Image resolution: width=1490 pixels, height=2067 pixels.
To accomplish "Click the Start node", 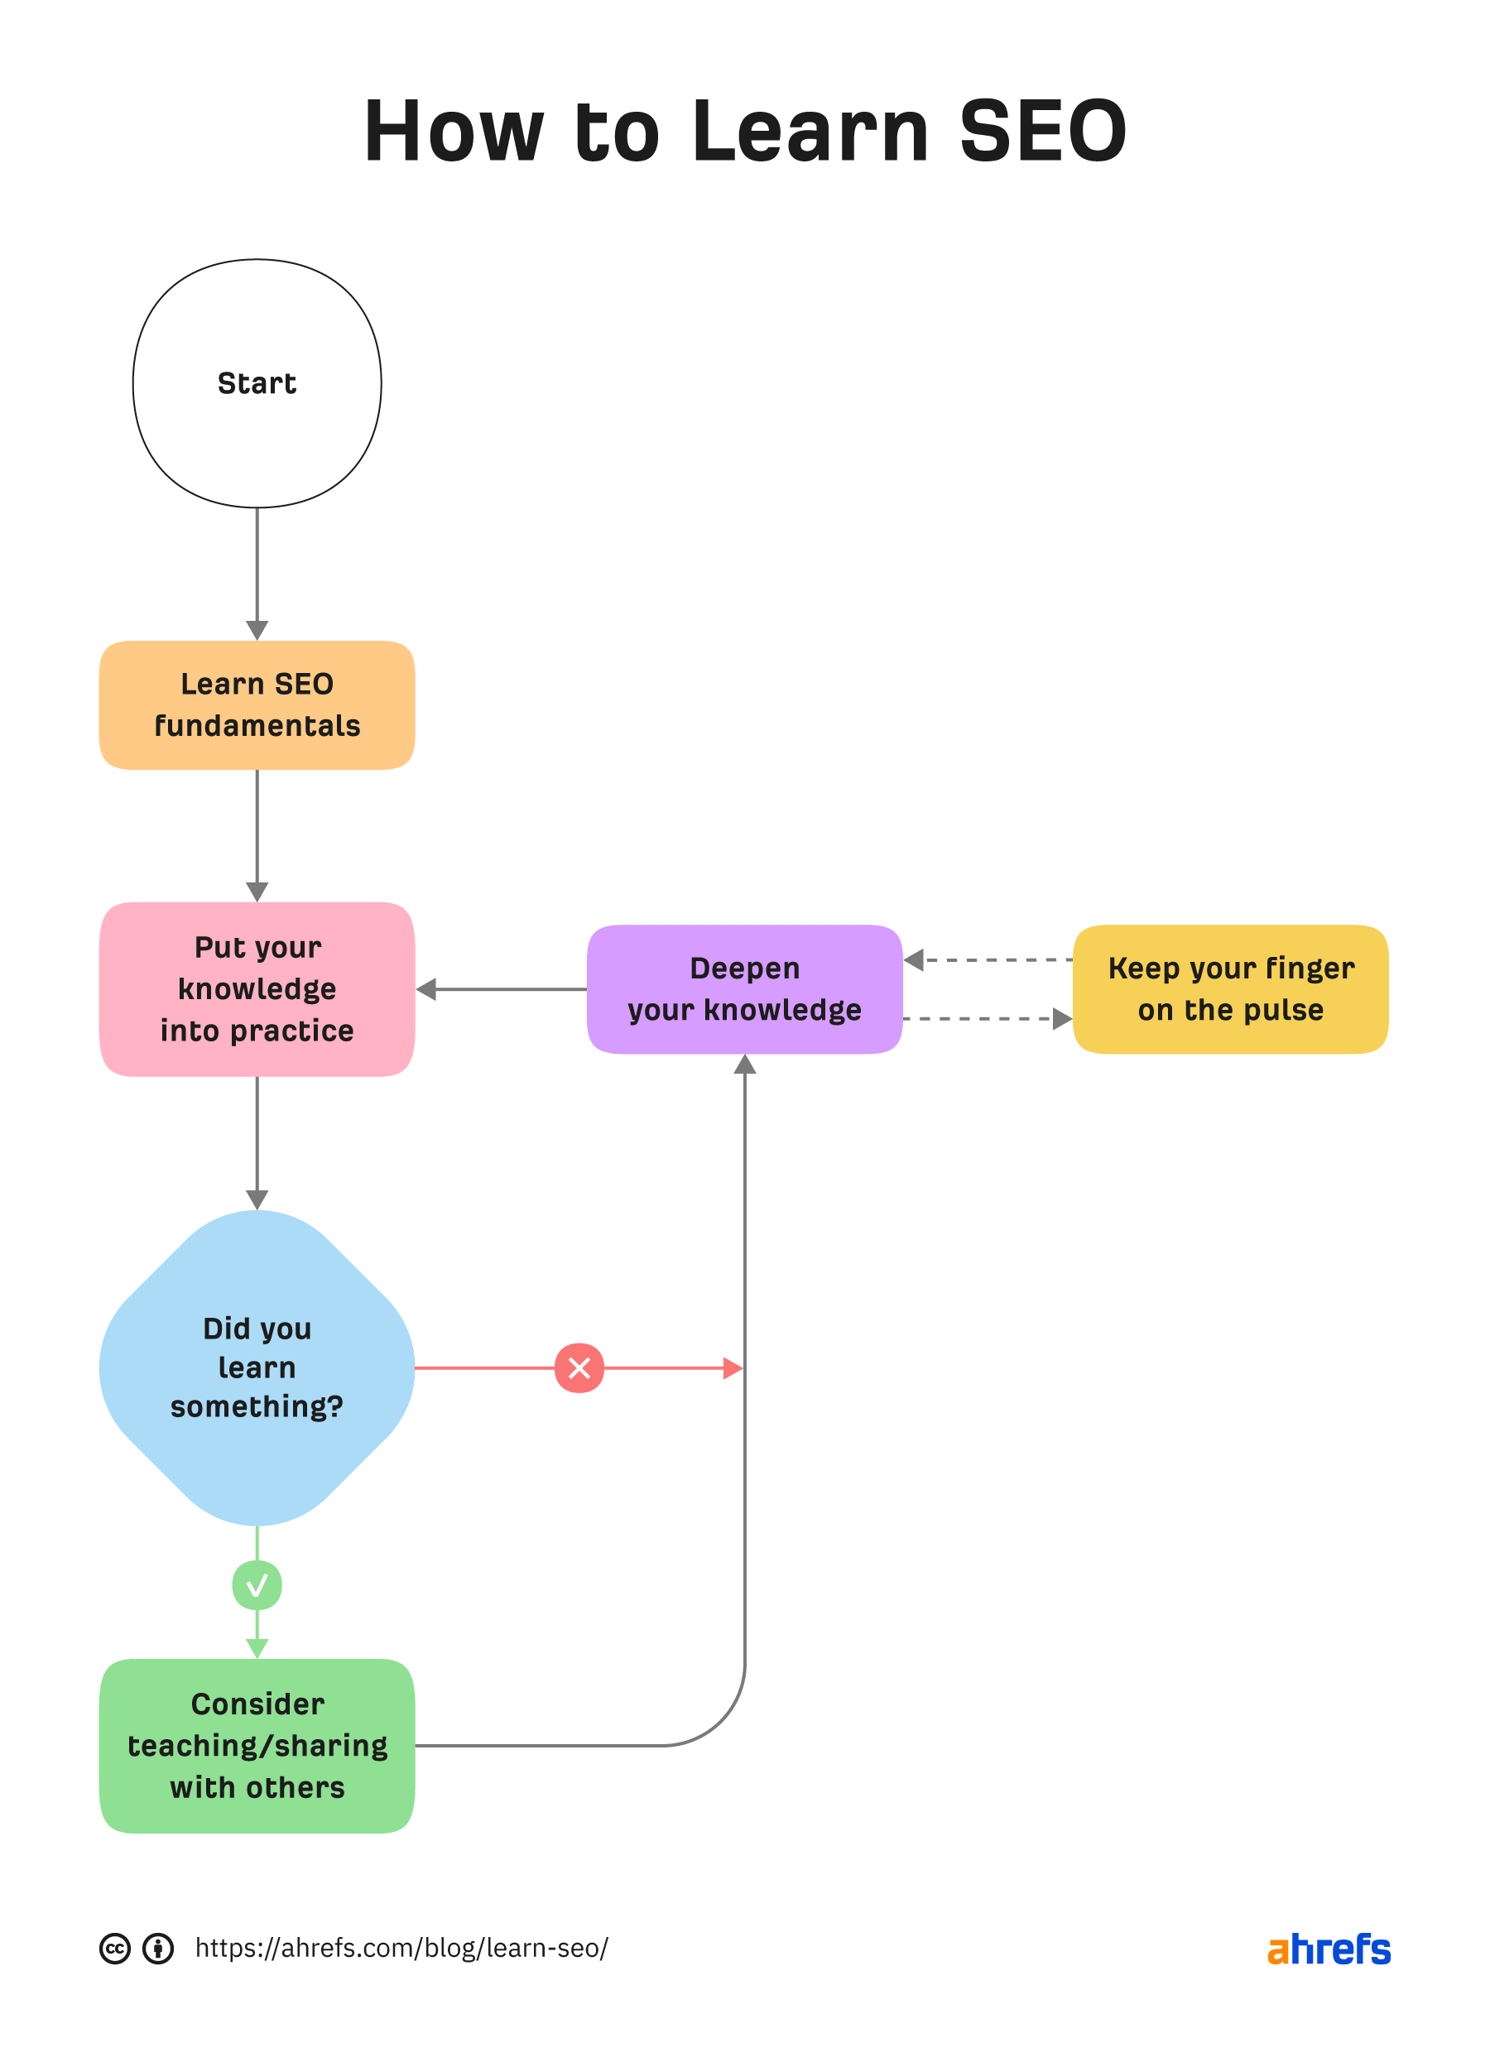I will click(257, 382).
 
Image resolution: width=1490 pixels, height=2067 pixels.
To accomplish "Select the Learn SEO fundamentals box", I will click(257, 704).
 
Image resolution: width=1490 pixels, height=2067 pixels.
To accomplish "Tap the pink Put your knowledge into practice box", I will click(257, 989).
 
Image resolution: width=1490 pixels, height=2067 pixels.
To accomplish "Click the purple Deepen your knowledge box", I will click(744, 989).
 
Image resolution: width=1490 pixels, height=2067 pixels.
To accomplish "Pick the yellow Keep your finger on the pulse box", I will click(1230, 989).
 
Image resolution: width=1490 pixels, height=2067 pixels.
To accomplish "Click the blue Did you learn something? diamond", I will click(257, 1367).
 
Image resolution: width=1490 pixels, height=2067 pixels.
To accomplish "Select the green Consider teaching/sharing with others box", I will click(257, 1745).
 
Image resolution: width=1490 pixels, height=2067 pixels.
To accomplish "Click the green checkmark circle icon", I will click(257, 1586).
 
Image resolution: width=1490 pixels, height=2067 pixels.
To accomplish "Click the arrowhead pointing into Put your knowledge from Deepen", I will click(426, 989).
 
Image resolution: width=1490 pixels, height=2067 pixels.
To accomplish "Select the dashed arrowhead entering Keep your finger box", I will click(1062, 1019).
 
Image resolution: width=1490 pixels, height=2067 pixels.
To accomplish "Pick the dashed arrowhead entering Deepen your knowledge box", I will click(914, 959).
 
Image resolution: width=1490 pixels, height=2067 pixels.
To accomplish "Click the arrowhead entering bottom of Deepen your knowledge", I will click(744, 1065).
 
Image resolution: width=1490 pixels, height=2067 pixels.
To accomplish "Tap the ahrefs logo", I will click(1328, 1949).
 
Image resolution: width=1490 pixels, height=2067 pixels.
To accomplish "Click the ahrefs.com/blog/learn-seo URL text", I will click(401, 1949).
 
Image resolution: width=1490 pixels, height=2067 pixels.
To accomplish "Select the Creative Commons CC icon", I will click(115, 1949).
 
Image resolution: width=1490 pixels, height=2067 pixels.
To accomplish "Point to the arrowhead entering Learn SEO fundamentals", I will click(257, 631).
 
